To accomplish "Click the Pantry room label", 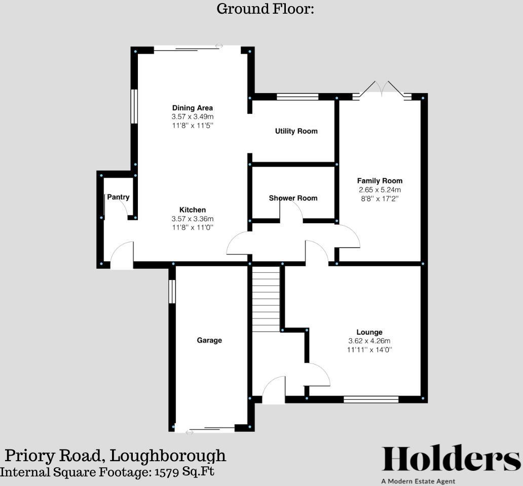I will tap(118, 197).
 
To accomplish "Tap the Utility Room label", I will tap(296, 131).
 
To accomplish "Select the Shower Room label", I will tap(293, 198).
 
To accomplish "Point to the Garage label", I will tap(209, 340).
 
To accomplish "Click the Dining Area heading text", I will tap(193, 108).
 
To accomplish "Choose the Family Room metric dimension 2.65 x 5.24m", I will tap(380, 190).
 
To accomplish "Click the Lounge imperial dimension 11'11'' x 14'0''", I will tap(369, 350).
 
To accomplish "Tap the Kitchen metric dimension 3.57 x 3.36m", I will tap(193, 219).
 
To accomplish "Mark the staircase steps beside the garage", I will tap(266, 299).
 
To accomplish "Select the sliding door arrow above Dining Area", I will tap(219, 46).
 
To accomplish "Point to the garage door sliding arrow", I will tap(190, 432).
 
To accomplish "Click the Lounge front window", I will tap(371, 399).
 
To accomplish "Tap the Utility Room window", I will tap(297, 96).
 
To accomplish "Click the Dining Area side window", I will tap(134, 106).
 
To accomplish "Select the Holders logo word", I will tap(450, 459).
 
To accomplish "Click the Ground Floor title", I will tap(266, 9).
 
